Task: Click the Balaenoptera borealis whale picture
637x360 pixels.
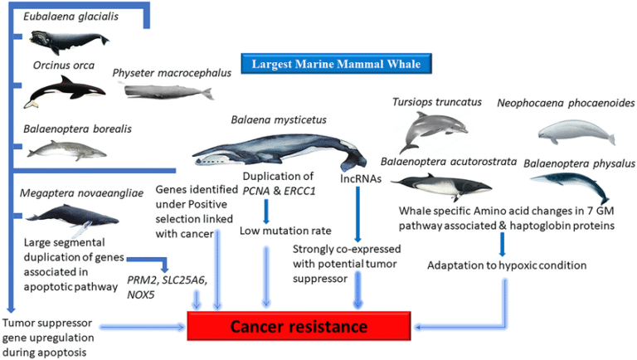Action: (66, 149)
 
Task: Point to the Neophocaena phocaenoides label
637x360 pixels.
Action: (566, 104)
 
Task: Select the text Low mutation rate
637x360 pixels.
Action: (275, 230)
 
